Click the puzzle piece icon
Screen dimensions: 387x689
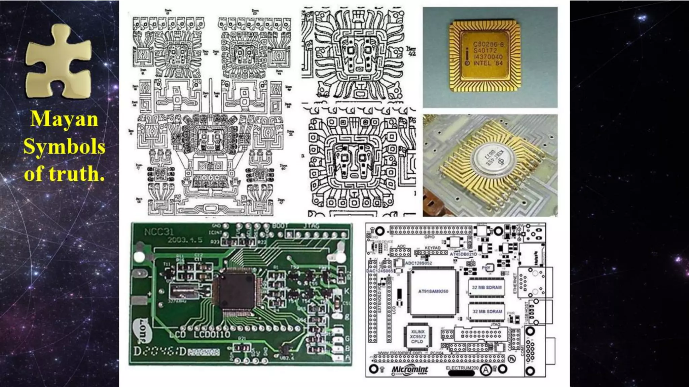point(59,62)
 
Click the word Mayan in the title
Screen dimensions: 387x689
point(64,119)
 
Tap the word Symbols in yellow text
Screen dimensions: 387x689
point(64,147)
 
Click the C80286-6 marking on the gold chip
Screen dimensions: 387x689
point(488,44)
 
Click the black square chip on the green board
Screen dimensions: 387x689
point(235,290)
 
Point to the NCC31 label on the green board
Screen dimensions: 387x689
point(159,232)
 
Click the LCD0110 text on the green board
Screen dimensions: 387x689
point(212,335)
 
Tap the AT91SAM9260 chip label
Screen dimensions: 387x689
point(433,291)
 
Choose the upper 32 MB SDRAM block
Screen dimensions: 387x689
point(486,288)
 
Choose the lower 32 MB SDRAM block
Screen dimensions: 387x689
point(487,311)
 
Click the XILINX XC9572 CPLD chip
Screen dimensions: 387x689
point(418,336)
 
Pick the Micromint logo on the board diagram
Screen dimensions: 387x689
point(410,370)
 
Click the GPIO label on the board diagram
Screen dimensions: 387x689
point(429,237)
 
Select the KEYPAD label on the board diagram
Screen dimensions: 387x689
point(432,248)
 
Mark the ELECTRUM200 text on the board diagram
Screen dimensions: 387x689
point(462,368)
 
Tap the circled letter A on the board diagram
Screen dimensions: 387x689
point(485,370)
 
